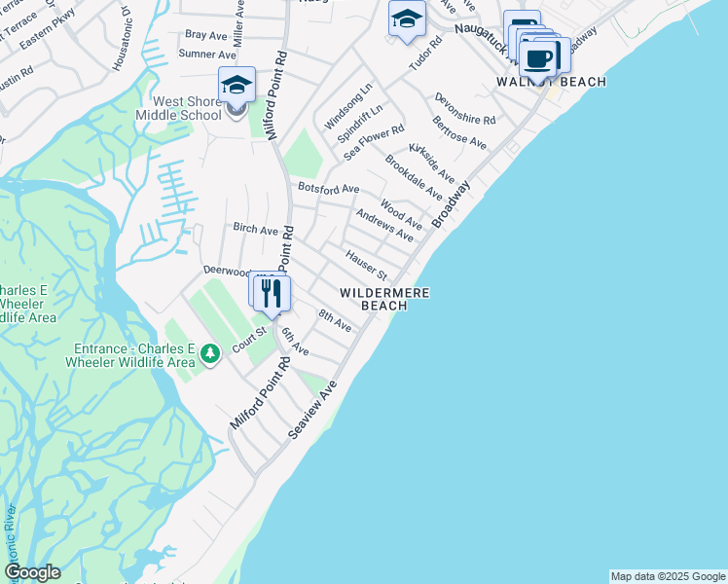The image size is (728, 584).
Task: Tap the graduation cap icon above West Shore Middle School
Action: click(x=237, y=85)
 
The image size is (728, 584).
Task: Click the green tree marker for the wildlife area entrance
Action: click(x=210, y=355)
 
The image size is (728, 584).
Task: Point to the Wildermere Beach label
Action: click(x=384, y=299)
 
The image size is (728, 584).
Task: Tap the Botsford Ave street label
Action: click(x=329, y=188)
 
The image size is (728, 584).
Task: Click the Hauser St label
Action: click(x=366, y=263)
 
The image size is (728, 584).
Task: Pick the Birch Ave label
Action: click(x=255, y=229)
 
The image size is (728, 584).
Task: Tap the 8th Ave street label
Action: click(x=336, y=320)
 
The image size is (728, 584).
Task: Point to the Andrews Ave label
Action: click(x=384, y=226)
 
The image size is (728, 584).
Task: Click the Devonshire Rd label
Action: click(x=465, y=108)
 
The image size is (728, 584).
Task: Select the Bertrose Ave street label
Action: click(x=459, y=135)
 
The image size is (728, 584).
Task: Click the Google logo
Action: click(x=31, y=572)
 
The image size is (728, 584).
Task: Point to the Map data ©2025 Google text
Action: click(x=667, y=576)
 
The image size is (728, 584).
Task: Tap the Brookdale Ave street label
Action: click(x=413, y=179)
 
